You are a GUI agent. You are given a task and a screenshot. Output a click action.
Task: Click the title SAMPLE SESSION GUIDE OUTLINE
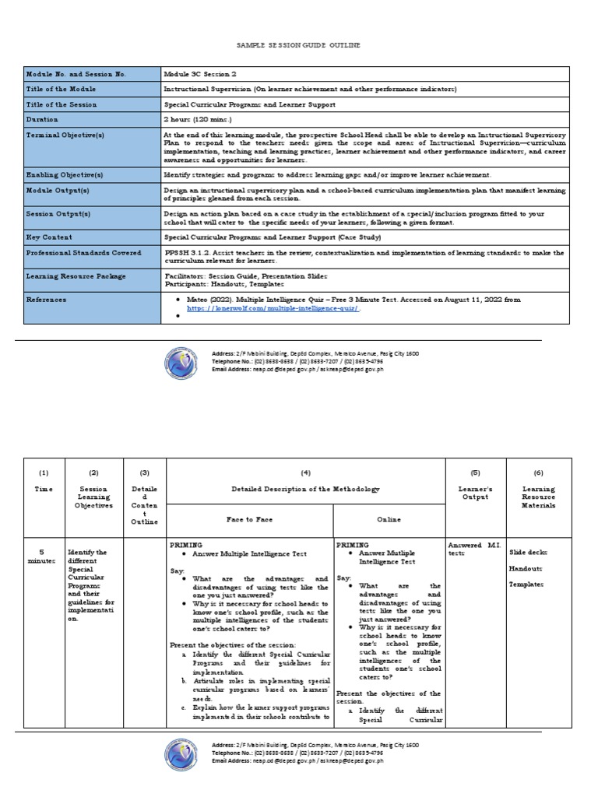(x=298, y=46)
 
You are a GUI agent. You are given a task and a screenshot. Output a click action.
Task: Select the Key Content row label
(x=49, y=237)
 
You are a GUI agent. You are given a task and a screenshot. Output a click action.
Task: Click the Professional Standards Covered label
(x=84, y=253)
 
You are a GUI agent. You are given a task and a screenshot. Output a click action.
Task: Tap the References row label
(x=47, y=299)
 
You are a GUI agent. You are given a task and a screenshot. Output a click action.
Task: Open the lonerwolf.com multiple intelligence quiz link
(x=272, y=308)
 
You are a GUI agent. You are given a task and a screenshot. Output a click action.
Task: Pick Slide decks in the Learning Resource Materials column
(x=529, y=552)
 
